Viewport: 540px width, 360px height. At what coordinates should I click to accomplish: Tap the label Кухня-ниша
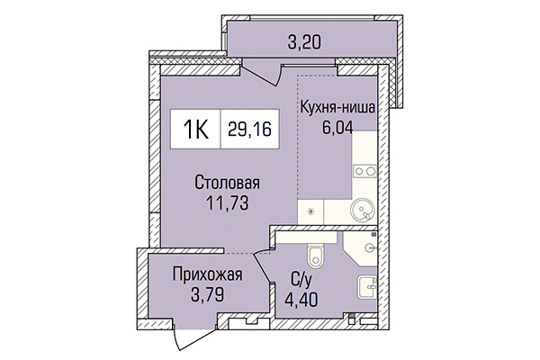[x=338, y=108]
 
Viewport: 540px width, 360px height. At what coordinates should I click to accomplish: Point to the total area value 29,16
[x=247, y=130]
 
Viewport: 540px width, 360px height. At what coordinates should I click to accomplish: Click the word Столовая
[x=221, y=184]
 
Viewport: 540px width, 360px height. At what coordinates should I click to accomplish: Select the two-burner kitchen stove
[x=366, y=169]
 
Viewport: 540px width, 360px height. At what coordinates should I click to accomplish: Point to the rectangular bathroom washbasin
[x=367, y=289]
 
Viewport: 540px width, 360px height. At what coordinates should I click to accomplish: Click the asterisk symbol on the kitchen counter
[x=312, y=212]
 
